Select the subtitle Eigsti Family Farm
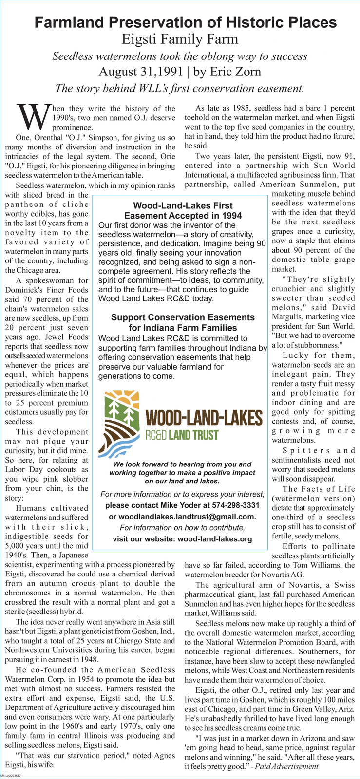[x=180, y=39]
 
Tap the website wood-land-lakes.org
[x=215, y=539]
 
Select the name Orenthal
[x=45, y=137]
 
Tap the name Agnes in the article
[x=158, y=755]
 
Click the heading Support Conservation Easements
[x=183, y=317]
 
